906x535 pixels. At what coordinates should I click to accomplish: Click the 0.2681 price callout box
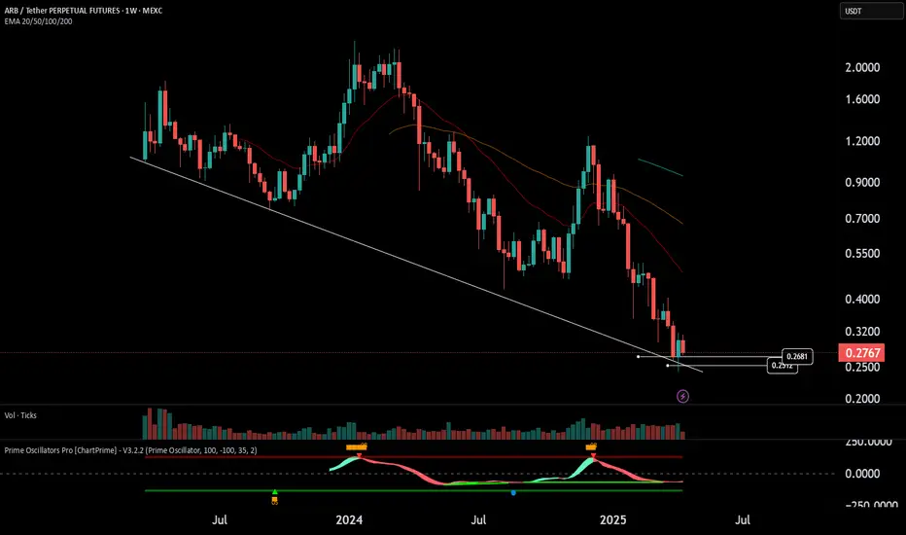[797, 357]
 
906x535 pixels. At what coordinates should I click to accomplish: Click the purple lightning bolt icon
[683, 396]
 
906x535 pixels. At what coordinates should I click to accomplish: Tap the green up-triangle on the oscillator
[275, 492]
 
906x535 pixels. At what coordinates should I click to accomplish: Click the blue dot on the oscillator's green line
[513, 492]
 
